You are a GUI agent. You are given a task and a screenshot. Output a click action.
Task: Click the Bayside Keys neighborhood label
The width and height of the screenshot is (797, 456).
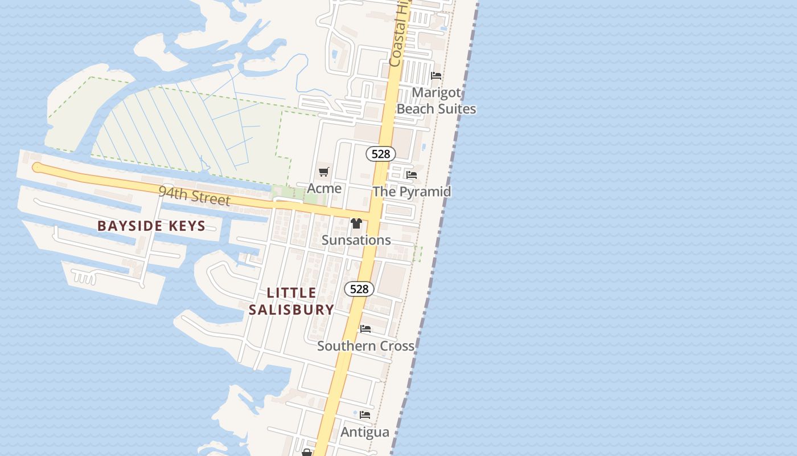click(x=151, y=226)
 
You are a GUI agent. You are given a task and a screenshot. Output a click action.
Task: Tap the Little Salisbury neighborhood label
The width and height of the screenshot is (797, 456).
click(x=291, y=301)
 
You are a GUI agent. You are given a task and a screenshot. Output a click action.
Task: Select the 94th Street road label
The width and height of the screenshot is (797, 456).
click(x=194, y=196)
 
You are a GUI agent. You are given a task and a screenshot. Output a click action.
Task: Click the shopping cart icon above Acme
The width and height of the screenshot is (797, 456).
click(x=324, y=172)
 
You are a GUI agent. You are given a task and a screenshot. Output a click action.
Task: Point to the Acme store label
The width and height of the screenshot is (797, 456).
click(x=324, y=188)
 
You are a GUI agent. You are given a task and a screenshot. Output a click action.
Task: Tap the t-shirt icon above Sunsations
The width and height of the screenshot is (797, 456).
click(x=356, y=223)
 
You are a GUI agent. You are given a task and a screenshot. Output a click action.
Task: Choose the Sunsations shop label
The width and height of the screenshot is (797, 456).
click(x=356, y=240)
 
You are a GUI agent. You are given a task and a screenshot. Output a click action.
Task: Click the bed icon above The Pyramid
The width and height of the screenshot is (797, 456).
click(x=412, y=175)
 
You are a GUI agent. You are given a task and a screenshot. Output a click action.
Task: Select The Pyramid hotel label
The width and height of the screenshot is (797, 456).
click(x=412, y=192)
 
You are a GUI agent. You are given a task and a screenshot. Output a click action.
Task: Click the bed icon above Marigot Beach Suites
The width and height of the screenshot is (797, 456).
click(x=436, y=75)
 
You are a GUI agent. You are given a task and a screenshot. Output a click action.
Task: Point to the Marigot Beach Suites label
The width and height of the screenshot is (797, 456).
click(x=437, y=100)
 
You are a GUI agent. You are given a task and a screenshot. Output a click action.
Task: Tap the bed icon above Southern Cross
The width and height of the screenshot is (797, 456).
click(x=365, y=329)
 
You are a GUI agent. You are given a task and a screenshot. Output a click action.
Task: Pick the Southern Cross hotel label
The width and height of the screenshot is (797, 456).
click(x=365, y=346)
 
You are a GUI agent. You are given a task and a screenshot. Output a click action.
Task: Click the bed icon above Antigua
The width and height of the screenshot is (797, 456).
click(x=365, y=415)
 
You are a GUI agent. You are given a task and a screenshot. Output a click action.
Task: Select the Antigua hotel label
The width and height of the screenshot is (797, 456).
click(x=365, y=432)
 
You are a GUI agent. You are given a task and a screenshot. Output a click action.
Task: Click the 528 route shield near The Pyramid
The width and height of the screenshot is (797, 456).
click(x=380, y=154)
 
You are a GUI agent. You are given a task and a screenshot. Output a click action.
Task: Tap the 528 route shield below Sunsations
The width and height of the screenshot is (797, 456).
click(x=359, y=289)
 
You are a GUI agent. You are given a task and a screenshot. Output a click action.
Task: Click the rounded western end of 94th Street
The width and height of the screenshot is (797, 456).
click(x=37, y=167)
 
